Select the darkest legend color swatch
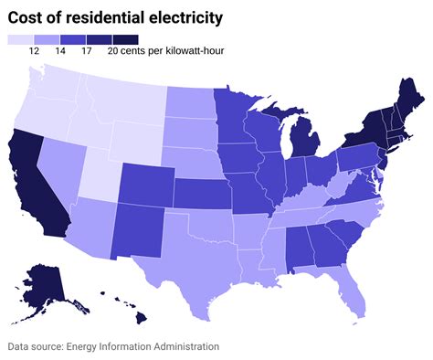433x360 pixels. click(x=125, y=39)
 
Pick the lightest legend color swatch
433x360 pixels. click(x=20, y=39)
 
